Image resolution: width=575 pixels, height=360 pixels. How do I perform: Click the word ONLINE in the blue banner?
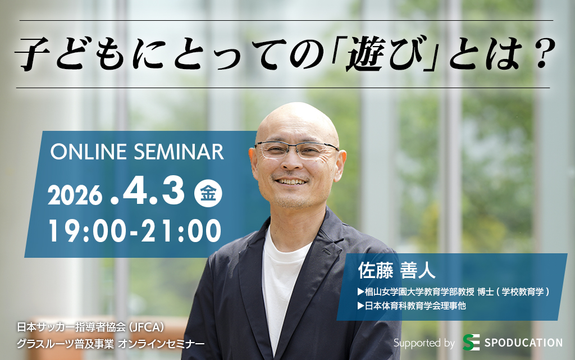click(x=88, y=152)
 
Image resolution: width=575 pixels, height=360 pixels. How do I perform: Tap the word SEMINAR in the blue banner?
click(x=179, y=152)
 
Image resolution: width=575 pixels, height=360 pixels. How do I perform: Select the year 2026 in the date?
click(x=75, y=195)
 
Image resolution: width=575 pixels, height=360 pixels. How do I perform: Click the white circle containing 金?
click(x=208, y=193)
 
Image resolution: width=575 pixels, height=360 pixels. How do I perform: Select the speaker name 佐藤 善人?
click(x=396, y=271)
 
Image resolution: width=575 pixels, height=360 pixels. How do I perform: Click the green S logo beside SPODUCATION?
click(x=471, y=343)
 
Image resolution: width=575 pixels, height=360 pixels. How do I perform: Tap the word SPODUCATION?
click(x=523, y=343)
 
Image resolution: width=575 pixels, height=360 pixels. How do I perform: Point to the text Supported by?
click(x=424, y=343)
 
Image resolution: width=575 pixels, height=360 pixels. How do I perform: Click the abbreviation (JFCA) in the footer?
click(x=145, y=327)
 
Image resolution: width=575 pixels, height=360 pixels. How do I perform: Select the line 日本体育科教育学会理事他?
click(x=412, y=306)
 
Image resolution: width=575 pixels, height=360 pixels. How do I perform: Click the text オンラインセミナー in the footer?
click(x=161, y=344)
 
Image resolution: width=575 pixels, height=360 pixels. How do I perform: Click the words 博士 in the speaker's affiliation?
click(x=486, y=292)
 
